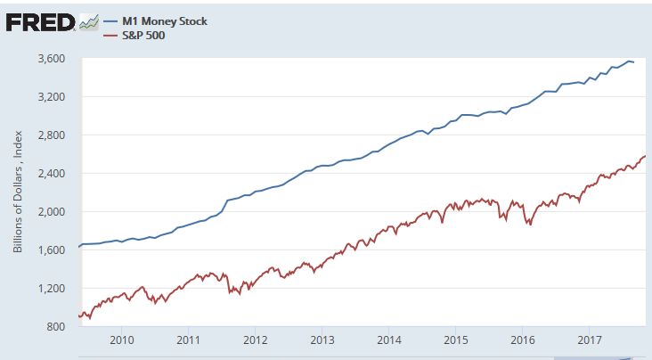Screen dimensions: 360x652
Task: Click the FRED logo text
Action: click(40, 21)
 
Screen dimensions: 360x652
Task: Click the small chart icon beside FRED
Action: click(88, 22)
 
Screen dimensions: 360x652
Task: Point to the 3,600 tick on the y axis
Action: click(53, 59)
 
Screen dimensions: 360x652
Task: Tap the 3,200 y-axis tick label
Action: click(53, 97)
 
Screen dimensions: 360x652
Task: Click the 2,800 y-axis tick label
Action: click(53, 135)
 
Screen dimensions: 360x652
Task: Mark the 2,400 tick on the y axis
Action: click(53, 174)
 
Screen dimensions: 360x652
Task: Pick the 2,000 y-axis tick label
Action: click(53, 212)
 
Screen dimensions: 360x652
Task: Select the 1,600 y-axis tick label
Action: click(53, 250)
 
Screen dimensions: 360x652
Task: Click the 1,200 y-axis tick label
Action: click(53, 289)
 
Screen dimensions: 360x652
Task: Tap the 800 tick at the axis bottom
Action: click(57, 327)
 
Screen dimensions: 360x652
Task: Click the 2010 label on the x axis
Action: click(121, 340)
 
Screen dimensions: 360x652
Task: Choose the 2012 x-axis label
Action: click(256, 340)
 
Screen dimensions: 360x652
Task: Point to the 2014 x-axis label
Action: click(389, 340)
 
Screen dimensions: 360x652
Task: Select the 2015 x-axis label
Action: click(456, 340)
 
